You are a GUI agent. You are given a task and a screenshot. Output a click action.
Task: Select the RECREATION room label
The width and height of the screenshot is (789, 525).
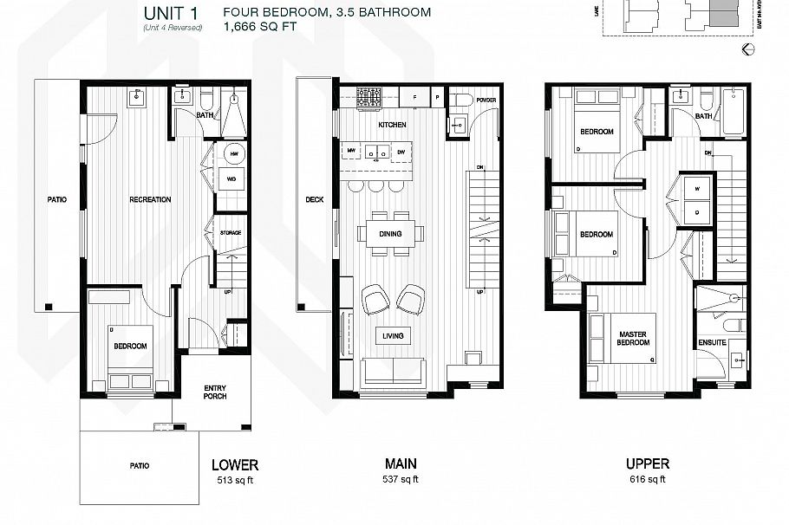pos(150,199)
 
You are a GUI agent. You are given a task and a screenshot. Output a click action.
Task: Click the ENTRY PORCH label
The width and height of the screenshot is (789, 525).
pos(215,392)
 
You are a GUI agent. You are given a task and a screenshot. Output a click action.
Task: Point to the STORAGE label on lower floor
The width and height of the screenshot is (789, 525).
pos(230,233)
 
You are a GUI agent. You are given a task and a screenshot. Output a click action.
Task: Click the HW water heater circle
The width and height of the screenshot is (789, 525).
pos(233,154)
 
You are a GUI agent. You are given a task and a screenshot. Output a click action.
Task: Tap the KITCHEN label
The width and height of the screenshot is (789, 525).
pos(391,125)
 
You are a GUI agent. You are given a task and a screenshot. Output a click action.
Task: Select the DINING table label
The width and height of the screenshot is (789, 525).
pos(390,232)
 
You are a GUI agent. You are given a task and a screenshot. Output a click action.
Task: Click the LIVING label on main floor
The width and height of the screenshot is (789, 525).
pos(390,335)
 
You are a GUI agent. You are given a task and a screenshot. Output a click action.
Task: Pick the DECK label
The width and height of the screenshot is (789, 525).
pos(314,199)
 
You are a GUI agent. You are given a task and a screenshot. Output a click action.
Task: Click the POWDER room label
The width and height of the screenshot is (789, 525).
pos(485,100)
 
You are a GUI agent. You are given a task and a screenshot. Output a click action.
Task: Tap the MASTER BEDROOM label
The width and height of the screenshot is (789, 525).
pos(634,338)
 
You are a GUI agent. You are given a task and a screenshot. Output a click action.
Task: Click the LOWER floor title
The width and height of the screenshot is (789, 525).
pos(235,465)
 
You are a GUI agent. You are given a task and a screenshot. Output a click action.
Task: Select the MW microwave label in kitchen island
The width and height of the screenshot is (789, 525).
pos(352,152)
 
